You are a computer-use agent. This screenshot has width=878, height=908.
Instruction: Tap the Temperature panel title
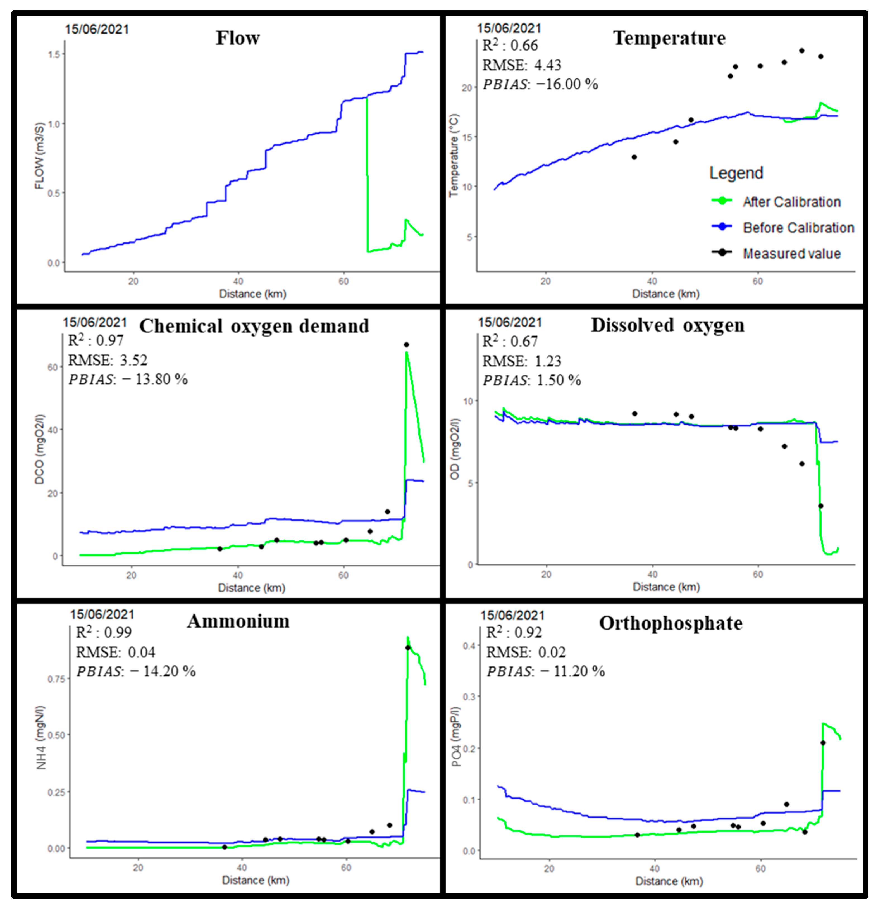click(x=669, y=38)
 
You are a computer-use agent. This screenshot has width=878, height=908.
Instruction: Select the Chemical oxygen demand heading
click(x=254, y=326)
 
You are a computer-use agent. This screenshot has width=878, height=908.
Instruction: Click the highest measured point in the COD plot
click(x=406, y=345)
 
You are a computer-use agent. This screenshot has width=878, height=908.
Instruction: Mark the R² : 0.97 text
click(x=96, y=340)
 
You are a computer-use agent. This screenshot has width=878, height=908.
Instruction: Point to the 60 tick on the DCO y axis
click(x=52, y=367)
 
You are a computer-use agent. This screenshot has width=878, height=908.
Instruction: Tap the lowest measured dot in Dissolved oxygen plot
click(x=820, y=506)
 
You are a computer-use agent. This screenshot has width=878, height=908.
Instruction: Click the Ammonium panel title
click(x=238, y=621)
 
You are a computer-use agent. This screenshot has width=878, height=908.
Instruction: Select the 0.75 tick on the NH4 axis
click(x=56, y=679)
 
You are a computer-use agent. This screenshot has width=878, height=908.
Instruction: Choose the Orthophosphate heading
click(x=671, y=623)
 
